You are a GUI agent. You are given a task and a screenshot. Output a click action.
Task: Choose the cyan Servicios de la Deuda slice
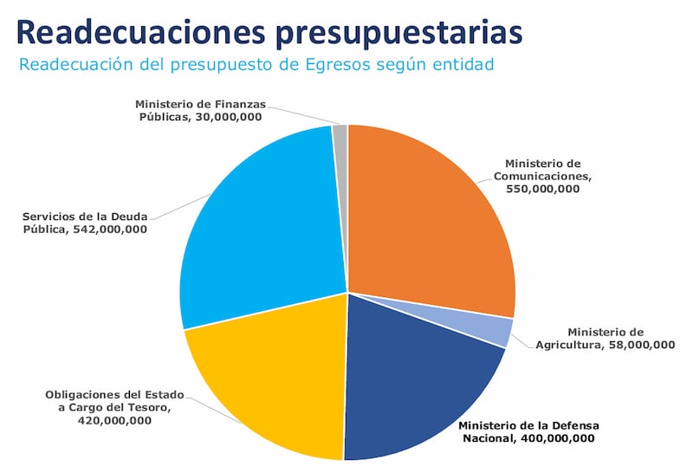(x=260, y=225)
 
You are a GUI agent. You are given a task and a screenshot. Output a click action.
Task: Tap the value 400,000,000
(x=558, y=439)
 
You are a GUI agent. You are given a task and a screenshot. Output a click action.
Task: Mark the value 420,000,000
(x=115, y=421)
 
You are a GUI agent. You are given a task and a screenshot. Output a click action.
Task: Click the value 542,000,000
(x=110, y=230)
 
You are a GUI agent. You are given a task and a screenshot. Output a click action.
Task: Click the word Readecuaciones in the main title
(x=142, y=31)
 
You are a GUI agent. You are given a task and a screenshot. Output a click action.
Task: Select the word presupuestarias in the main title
(x=400, y=31)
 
